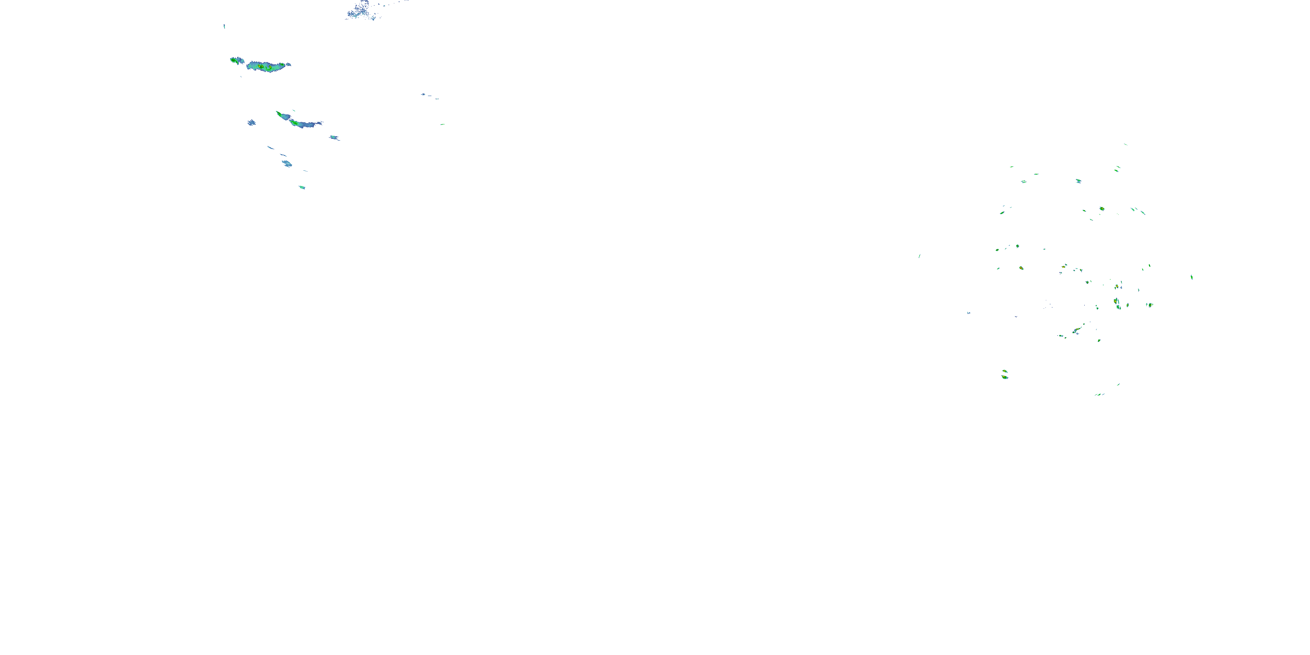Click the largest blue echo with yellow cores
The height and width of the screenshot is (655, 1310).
tap(267, 66)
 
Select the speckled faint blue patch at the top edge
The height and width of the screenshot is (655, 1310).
tap(362, 10)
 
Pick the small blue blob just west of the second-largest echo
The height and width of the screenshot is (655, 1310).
tap(251, 123)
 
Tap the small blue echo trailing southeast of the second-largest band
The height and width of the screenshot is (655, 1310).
tap(334, 137)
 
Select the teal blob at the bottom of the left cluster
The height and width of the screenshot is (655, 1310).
tap(302, 187)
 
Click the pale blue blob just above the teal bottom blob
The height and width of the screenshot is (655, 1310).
tap(287, 163)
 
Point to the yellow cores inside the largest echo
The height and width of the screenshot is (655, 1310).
tap(262, 66)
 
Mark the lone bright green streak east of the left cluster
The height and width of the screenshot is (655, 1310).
tap(442, 124)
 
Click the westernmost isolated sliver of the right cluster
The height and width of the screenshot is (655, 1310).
tap(920, 256)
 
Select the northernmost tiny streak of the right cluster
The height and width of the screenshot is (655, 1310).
tap(1125, 145)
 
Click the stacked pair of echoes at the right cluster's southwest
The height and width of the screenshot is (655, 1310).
tap(1004, 375)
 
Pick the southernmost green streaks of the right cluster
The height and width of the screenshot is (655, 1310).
tap(1100, 394)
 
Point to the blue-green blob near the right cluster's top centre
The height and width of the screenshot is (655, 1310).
tap(1078, 181)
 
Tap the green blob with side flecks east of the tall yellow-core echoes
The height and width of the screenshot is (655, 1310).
tap(1149, 305)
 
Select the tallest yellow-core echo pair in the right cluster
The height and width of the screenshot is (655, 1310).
tap(1117, 303)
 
